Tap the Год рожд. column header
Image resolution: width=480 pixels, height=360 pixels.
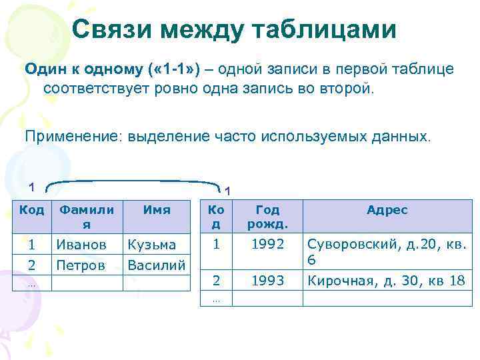267,215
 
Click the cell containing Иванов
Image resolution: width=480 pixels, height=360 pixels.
81,245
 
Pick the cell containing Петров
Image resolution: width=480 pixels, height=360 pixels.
81,265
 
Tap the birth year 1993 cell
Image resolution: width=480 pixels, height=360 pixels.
267,281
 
